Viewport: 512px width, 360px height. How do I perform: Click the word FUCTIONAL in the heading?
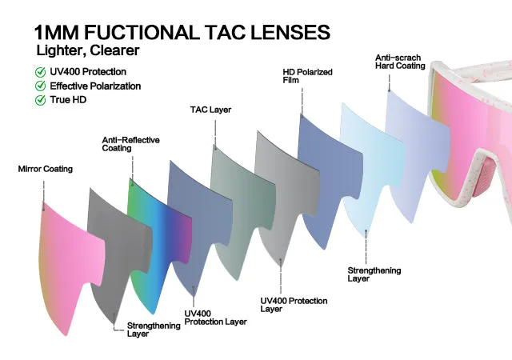click(x=142, y=32)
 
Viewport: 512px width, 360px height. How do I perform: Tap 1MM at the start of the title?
click(x=56, y=32)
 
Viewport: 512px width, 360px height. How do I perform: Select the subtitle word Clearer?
click(x=114, y=50)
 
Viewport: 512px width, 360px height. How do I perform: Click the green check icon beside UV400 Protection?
click(x=40, y=72)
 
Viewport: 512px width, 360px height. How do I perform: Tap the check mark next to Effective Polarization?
click(x=40, y=86)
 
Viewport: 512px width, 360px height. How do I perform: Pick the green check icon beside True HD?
click(x=40, y=100)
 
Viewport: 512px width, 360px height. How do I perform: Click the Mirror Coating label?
click(x=46, y=169)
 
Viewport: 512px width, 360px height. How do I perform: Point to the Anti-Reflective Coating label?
click(x=130, y=144)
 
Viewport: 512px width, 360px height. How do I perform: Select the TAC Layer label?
click(x=210, y=110)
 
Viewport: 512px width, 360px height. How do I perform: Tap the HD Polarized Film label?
click(x=307, y=76)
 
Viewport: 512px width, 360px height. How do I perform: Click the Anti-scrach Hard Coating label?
click(x=400, y=62)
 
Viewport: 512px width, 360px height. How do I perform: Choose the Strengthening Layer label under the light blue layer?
click(x=374, y=274)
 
